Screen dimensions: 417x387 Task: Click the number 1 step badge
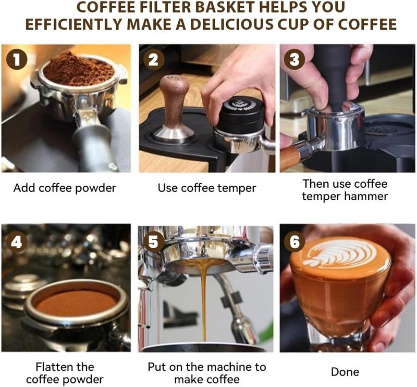click(17, 59)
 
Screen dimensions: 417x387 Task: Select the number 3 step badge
click(294, 59)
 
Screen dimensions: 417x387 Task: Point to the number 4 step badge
click(17, 242)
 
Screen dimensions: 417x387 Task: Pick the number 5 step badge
click(154, 242)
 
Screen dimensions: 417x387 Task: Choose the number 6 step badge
click(294, 242)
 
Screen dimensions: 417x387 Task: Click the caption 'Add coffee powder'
click(65, 188)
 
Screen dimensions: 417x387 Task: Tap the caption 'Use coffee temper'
click(207, 188)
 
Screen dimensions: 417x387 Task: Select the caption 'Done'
click(345, 371)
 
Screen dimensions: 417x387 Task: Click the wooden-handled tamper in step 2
click(174, 109)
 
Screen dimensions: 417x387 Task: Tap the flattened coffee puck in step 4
click(76, 303)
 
